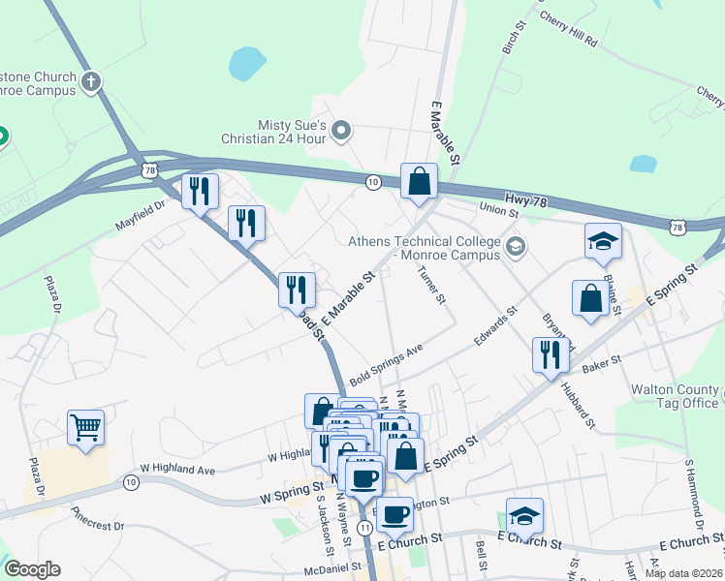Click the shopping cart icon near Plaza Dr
[x=86, y=427]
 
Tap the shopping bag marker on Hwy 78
[x=419, y=181]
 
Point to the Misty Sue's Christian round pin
[x=341, y=130]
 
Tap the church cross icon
[x=92, y=81]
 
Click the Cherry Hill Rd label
[x=569, y=31]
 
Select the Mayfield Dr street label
[x=146, y=204]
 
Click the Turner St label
[x=431, y=286]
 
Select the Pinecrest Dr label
[x=97, y=519]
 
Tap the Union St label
[x=497, y=206]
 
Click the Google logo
[x=32, y=569]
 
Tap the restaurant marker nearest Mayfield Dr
[x=200, y=192]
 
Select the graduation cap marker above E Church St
[x=524, y=516]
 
